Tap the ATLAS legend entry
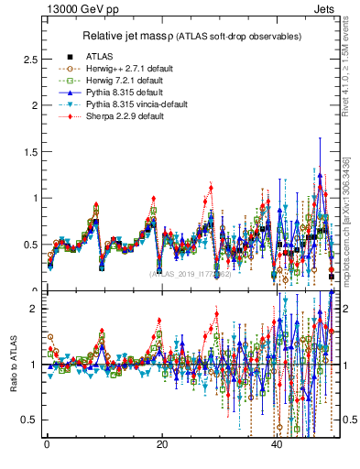point(99,57)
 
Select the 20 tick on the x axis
point(161,444)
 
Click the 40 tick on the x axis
point(277,444)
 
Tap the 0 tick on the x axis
point(47,444)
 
